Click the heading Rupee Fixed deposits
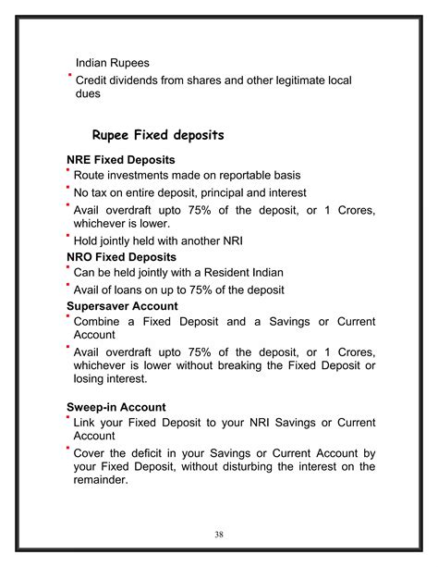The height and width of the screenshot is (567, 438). click(x=158, y=135)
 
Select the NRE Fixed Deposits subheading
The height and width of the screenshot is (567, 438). click(x=120, y=160)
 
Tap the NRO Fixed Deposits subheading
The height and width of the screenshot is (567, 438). click(x=121, y=256)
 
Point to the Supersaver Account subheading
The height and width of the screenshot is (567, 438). click(x=122, y=305)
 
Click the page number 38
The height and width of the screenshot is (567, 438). click(x=219, y=534)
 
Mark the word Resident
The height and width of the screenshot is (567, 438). click(x=226, y=272)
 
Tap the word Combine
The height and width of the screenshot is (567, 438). click(x=103, y=321)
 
